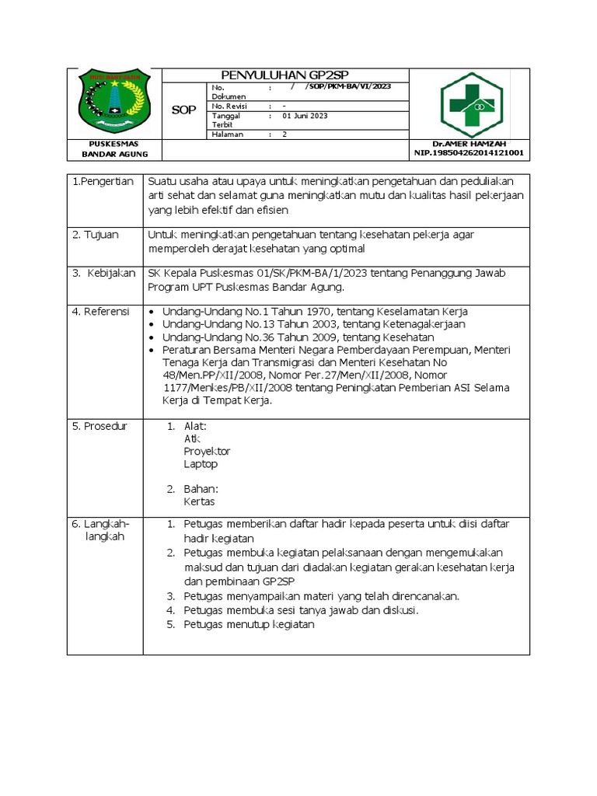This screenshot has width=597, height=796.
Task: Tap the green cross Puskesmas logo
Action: coord(471,105)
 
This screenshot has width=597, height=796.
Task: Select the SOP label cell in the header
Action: coord(183,111)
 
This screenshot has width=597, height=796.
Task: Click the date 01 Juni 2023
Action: coord(305,116)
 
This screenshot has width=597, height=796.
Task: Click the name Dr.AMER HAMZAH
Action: coord(468,145)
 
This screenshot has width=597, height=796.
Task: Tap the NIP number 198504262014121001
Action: coord(469,153)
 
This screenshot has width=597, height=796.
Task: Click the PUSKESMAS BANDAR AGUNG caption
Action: coord(114,149)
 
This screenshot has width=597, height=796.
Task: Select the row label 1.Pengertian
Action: coord(103,181)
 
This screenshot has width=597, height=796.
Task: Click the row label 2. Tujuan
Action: coord(96,235)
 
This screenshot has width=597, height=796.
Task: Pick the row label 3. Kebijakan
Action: coord(103,273)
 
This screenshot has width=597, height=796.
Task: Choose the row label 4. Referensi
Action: coord(103,311)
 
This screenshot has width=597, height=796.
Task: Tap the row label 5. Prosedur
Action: coord(100,426)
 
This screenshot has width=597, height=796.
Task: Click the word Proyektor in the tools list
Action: coord(207,451)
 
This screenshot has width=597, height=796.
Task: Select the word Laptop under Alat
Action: coord(201,464)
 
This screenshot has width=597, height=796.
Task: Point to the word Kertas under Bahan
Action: coord(199,501)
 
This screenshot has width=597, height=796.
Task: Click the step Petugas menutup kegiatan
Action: coord(249,624)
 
